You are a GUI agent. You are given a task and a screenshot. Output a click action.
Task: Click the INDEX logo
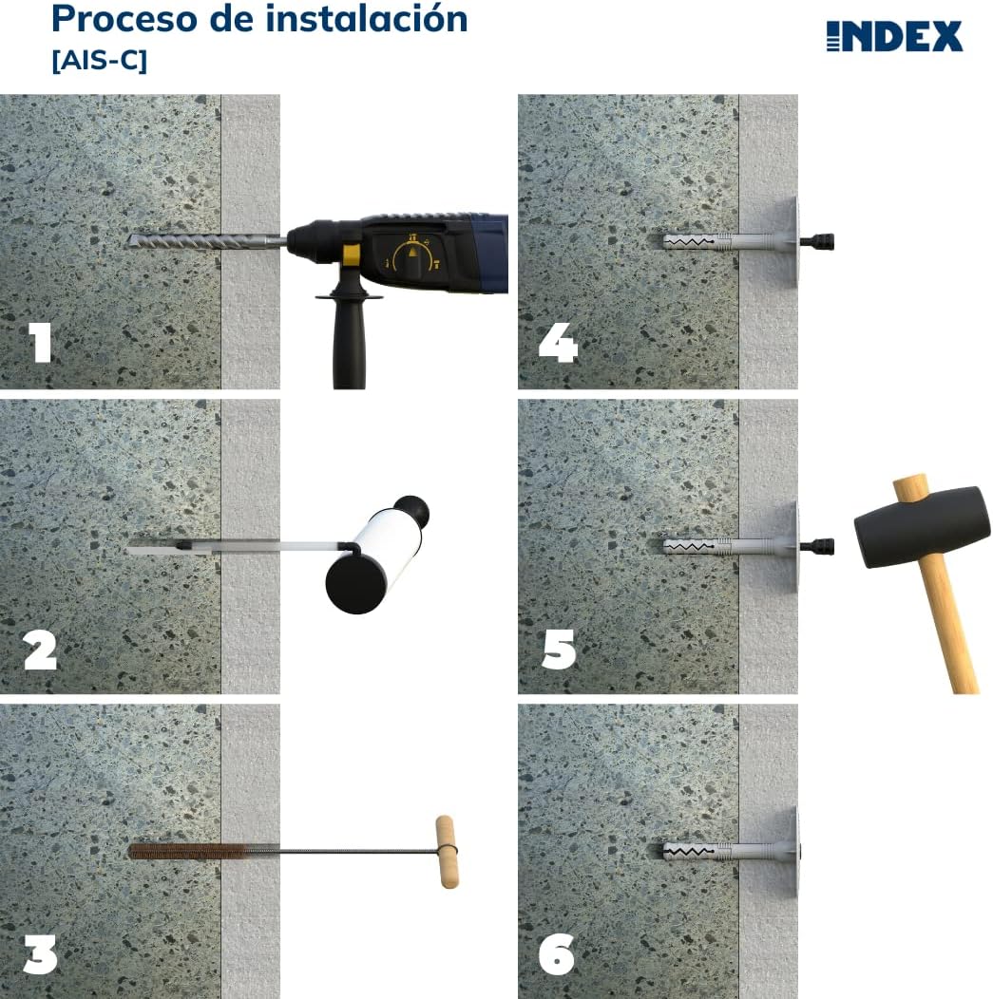tap(894, 36)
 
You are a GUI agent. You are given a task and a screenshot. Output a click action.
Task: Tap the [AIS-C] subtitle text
tap(99, 61)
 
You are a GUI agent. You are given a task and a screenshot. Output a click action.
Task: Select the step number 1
tap(39, 343)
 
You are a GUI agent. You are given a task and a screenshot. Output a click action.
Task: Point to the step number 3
tap(39, 954)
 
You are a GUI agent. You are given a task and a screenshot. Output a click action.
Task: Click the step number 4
tap(558, 343)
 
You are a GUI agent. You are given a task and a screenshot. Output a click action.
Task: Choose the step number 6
tap(558, 954)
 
